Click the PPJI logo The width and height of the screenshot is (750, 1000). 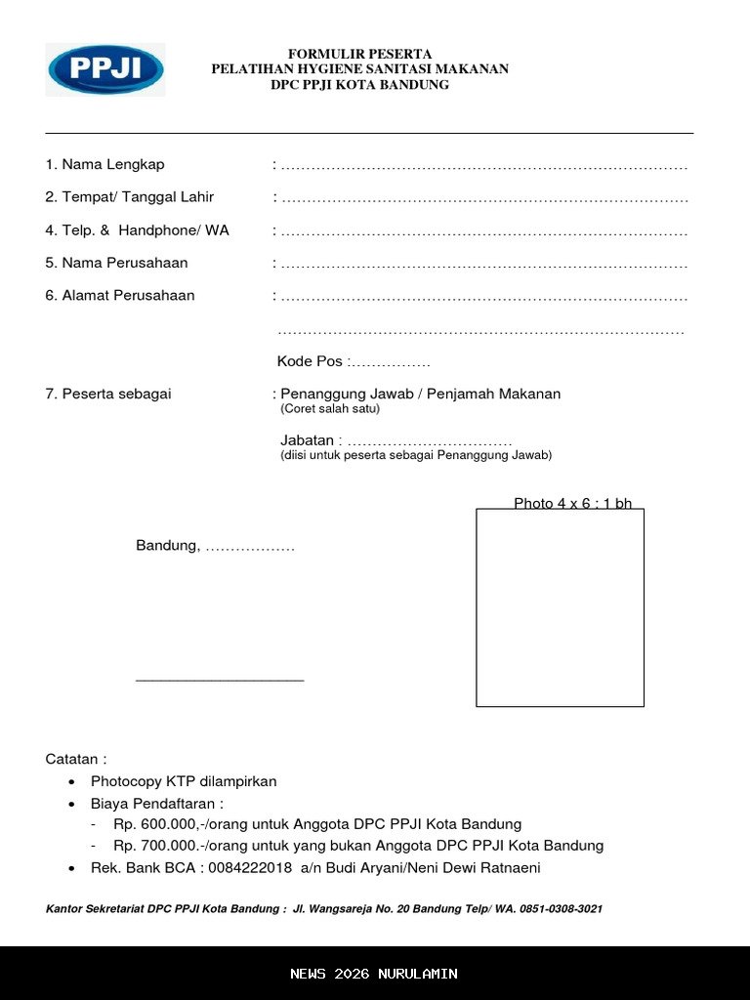tap(105, 69)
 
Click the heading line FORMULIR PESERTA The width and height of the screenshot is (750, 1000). tap(359, 54)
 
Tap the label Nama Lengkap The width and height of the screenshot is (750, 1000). tap(112, 165)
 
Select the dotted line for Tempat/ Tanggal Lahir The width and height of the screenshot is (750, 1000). tap(484, 198)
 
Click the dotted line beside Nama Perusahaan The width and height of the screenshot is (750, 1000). tap(484, 265)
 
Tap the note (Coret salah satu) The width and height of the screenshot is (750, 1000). tap(330, 409)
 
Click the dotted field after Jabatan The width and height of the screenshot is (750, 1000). tap(430, 442)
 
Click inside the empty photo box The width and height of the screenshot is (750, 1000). tap(560, 607)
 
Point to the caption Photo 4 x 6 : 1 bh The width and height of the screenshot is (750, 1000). tap(572, 504)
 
